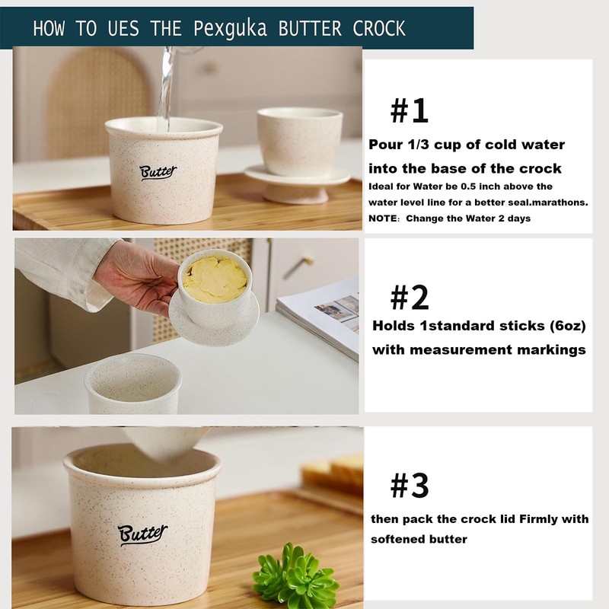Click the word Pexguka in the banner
(230, 29)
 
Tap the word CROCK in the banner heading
(378, 28)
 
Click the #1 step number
(409, 111)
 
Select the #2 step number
(410, 298)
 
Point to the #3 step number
(410, 485)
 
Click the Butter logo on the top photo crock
(158, 172)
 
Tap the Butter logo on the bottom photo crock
(142, 534)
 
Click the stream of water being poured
(167, 89)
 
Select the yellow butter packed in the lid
(215, 279)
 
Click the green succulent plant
(295, 574)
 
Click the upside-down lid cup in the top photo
(299, 155)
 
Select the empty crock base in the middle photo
(133, 384)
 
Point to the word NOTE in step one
(383, 218)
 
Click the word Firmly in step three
(538, 519)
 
